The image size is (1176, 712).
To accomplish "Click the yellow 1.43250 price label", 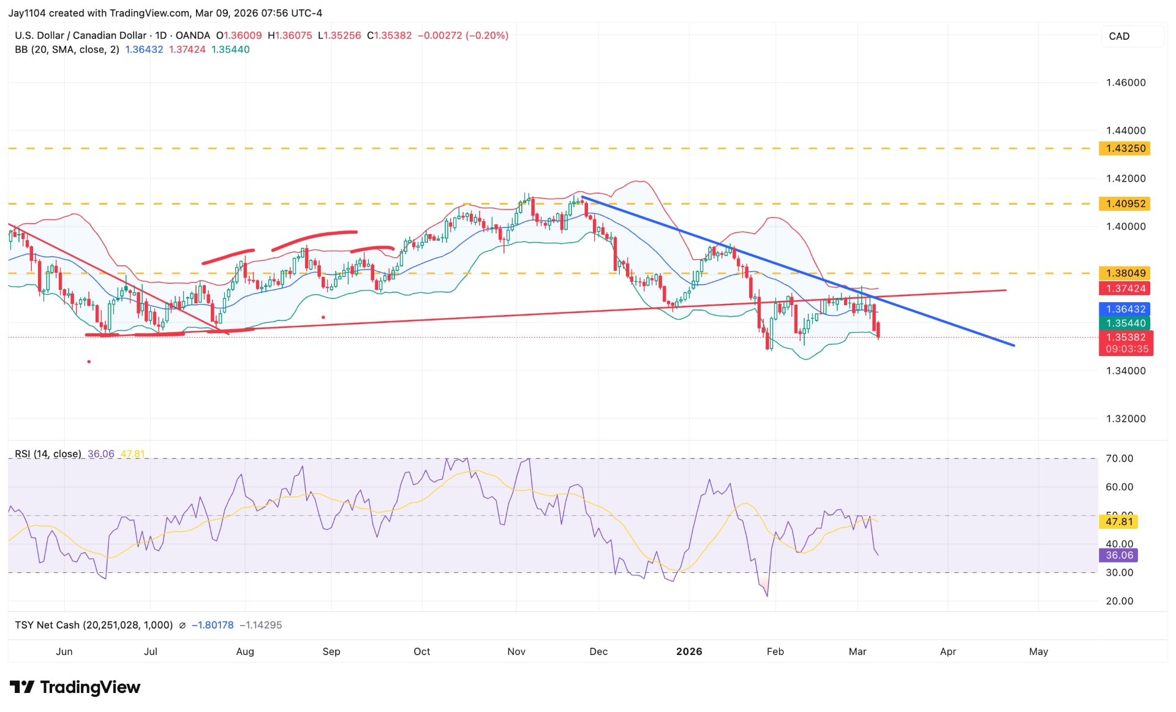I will point(1125,148).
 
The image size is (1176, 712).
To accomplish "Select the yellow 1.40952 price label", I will point(1125,203).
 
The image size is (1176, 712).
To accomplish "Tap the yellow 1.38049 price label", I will point(1125,273).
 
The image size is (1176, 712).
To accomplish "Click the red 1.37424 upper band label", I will point(1125,289).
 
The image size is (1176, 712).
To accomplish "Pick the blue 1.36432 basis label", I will point(1125,309).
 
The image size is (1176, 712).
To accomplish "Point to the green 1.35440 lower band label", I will point(1125,323).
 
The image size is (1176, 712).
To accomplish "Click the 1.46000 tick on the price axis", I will point(1125,83).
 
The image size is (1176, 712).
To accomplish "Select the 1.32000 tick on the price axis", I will point(1125,419).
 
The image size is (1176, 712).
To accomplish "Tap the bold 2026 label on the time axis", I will point(689,651).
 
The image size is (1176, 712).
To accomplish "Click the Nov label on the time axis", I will point(516,651).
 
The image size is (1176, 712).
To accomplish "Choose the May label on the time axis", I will point(1038,651).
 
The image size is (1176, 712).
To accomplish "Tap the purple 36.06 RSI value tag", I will point(1119,555).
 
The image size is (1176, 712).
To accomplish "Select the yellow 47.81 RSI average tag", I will point(1119,521).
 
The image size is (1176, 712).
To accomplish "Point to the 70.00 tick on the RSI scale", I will point(1119,458).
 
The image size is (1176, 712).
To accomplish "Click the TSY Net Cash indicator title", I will point(93,625).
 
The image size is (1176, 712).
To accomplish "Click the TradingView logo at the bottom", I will point(75,687).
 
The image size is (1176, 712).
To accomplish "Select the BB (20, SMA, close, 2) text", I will point(67,50).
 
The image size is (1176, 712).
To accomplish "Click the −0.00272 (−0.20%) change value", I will point(462,36).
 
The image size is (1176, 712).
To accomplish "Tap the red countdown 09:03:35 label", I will point(1126,349).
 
